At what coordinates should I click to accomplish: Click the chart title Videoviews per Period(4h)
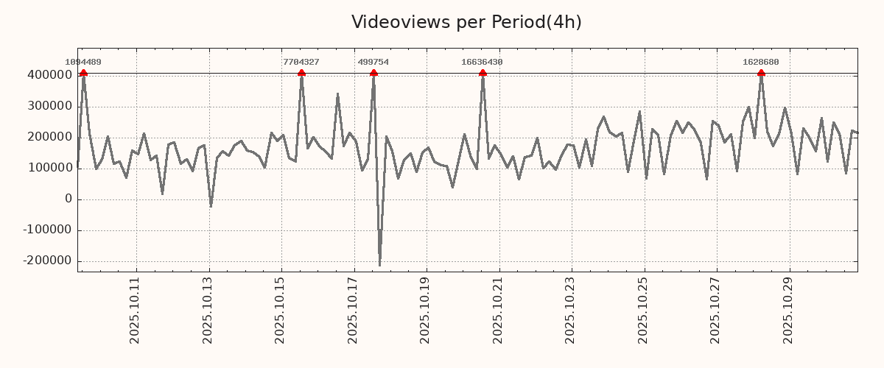coord(466,22)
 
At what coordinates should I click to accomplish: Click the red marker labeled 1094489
coord(83,73)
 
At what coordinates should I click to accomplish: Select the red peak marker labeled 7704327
coord(301,73)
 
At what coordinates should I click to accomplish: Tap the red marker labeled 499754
coord(373,73)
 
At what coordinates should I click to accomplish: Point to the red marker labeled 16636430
coord(483,73)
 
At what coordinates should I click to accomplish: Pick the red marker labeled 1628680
coord(761,73)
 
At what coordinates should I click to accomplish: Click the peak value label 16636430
coord(482,63)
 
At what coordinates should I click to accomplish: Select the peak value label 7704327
coord(301,63)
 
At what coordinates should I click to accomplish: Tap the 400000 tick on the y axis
coord(49,75)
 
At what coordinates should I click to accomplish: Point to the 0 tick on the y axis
coord(69,199)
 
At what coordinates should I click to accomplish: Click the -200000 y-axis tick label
coord(47,261)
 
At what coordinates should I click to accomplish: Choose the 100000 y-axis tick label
coord(49,168)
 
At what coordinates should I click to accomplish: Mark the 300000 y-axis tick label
coord(49,106)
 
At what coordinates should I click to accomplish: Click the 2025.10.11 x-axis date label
coord(135,310)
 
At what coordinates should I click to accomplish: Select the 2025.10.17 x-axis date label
coord(353,310)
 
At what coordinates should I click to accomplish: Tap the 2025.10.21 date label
coord(498,310)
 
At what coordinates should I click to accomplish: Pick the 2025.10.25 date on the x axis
coord(643,310)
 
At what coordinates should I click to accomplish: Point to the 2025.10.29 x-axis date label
coord(788,310)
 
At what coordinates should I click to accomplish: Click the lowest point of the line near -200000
coord(379,265)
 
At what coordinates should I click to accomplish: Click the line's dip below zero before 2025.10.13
coord(211,206)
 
